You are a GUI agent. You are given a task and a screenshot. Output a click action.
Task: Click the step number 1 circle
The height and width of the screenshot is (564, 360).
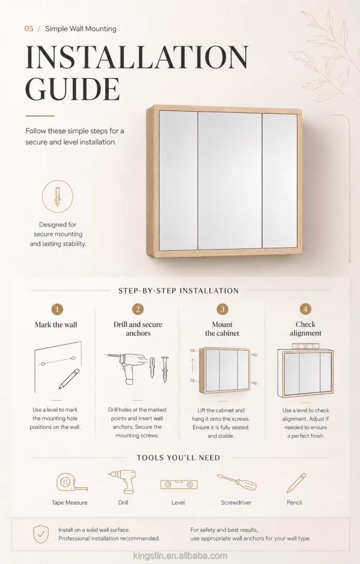pos(57,310)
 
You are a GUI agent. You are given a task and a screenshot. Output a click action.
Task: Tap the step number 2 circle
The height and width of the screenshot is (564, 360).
pos(138,310)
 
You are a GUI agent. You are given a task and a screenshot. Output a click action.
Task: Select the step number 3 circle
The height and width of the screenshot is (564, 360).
pos(222,310)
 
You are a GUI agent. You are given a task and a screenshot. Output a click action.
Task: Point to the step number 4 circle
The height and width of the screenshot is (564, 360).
pos(305,310)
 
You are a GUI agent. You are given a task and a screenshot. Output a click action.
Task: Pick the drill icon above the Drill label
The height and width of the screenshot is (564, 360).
pos(122,481)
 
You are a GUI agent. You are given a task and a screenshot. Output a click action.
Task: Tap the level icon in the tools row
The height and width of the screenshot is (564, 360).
pos(179,484)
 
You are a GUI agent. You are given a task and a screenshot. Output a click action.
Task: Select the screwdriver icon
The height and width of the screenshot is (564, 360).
pos(236,482)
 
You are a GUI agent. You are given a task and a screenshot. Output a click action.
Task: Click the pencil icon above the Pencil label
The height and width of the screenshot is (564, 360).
pos(296,483)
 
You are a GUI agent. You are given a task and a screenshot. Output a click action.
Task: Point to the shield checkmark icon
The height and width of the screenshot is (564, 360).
pos(41,534)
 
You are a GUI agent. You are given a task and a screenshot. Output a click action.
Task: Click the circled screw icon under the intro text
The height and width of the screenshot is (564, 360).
pos(57,196)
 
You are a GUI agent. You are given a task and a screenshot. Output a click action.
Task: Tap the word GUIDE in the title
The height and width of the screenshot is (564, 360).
pos(72,88)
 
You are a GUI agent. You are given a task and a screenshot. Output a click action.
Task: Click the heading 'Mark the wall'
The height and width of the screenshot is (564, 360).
pos(56,325)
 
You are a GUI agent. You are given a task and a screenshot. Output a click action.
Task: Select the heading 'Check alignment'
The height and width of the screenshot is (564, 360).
pos(305,329)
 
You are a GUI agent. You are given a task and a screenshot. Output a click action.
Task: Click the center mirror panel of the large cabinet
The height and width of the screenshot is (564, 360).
pos(230,181)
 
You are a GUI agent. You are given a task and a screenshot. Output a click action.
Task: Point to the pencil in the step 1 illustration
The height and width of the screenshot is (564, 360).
pos(69,379)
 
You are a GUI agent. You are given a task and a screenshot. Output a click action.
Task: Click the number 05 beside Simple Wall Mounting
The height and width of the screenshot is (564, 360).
pos(29,29)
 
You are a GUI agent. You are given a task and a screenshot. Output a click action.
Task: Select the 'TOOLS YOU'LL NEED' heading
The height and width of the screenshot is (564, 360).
pos(178,458)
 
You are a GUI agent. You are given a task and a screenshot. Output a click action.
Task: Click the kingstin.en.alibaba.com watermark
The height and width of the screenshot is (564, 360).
pos(180,556)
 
